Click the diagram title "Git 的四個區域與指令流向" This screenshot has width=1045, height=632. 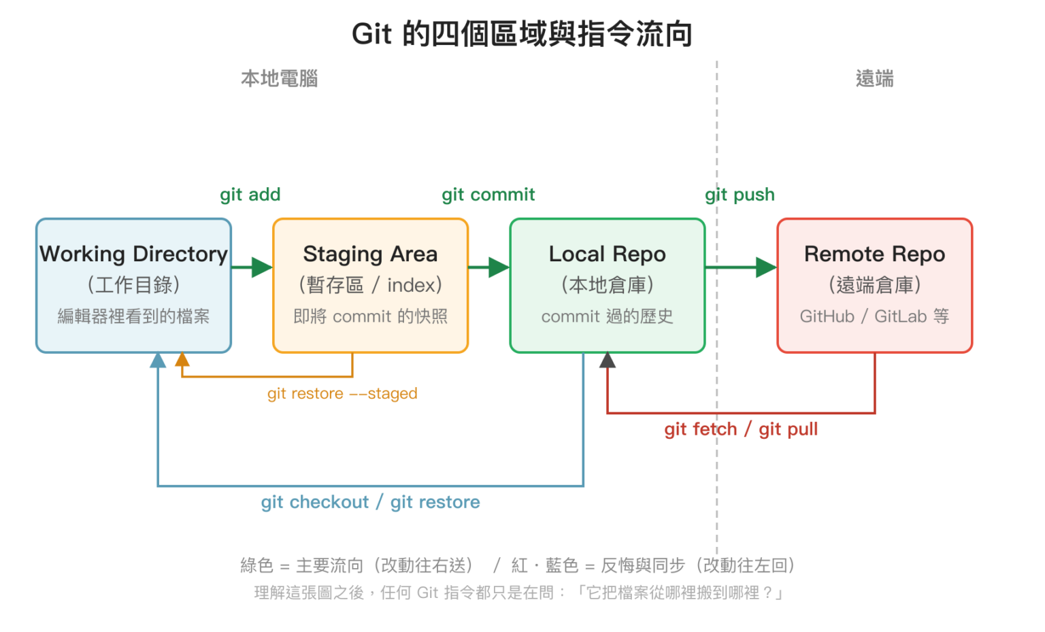pos(522,34)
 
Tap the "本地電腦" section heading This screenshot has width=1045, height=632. pos(280,78)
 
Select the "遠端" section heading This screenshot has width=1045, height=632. pos(875,78)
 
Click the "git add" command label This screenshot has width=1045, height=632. pos(250,195)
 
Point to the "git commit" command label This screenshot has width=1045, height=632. pos(488,195)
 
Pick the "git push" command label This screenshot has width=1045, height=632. pos(740,195)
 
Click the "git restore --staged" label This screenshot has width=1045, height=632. pos(342,394)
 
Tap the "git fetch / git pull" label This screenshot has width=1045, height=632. pos(741,429)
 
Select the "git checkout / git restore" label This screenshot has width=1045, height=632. pos(370,502)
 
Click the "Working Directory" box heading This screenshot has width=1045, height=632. pos(133,254)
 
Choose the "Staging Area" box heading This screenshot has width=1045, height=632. pos(370,254)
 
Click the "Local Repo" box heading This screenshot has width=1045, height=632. pos(607,254)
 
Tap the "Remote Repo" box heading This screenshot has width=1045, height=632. pos(875,254)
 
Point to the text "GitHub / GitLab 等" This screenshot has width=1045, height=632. pos(875,316)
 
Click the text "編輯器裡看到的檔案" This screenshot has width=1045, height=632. pos(133,316)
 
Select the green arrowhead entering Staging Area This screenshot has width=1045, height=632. pos(262,267)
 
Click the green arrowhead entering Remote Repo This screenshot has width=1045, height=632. pos(766,267)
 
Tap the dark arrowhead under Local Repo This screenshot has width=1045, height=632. pos(607,360)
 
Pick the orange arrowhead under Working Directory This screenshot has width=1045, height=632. pos(182,360)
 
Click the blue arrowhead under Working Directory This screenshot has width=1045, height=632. pos(158,360)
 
